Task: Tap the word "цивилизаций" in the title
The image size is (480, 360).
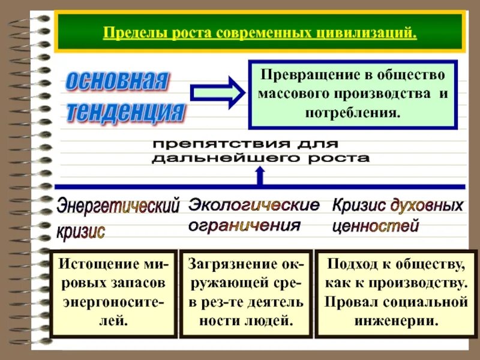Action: click(367, 31)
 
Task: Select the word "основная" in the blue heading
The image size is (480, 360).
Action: click(118, 82)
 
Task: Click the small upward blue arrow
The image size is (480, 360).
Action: click(260, 175)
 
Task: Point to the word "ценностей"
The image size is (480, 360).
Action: click(375, 226)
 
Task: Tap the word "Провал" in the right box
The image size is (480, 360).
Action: click(350, 301)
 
